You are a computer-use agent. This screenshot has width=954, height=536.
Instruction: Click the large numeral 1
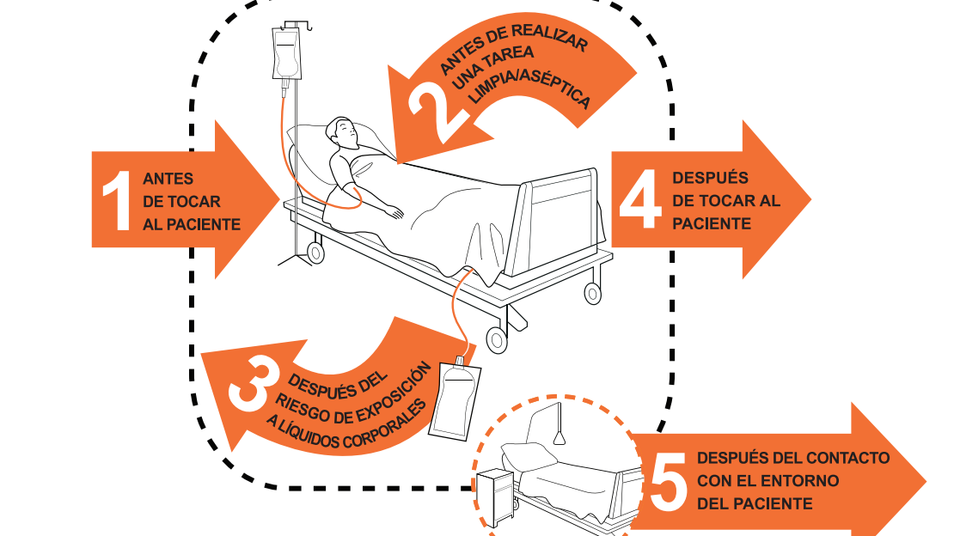tap(117, 201)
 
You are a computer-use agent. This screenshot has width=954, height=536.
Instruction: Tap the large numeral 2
tap(436, 113)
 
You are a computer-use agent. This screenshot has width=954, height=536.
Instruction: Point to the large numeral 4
tap(640, 199)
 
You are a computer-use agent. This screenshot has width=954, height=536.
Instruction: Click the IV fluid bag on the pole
tap(286, 54)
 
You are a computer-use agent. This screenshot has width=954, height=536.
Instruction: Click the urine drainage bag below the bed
tap(456, 399)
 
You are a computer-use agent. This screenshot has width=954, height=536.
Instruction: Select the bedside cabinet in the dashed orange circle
tap(495, 497)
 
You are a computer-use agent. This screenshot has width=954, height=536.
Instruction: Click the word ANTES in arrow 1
tap(168, 179)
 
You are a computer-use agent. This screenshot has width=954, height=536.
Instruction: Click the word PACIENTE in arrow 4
tap(712, 224)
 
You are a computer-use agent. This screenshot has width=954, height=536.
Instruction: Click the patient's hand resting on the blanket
tap(394, 211)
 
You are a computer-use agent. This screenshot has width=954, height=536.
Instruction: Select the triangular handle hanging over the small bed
tap(560, 437)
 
